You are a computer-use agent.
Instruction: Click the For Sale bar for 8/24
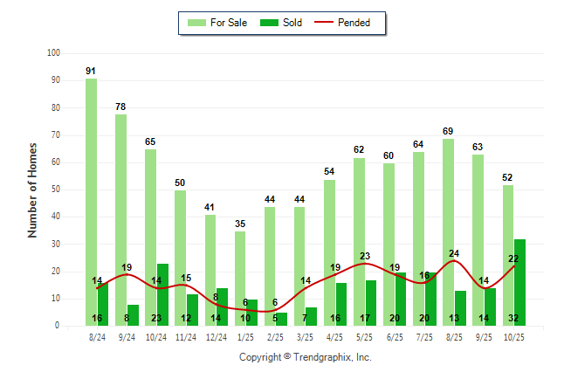(91, 201)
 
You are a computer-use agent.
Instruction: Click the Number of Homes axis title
(33, 189)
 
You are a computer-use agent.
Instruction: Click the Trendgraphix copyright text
(306, 357)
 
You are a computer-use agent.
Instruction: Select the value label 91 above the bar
(91, 71)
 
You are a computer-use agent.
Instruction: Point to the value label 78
(120, 107)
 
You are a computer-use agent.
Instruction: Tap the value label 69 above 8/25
(448, 131)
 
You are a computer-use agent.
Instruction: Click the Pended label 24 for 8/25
(454, 254)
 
